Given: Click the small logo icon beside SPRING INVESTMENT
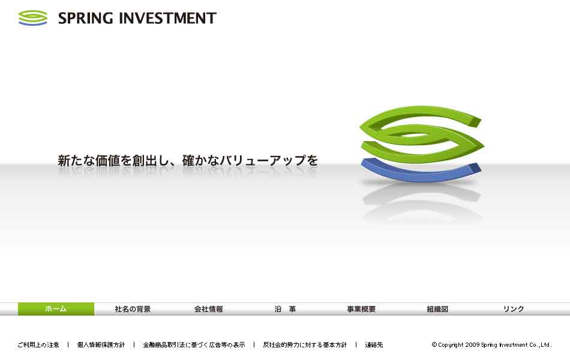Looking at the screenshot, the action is coord(33,18).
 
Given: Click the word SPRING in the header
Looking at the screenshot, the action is coord(85,18).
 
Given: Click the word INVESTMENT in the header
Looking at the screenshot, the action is coord(168,18).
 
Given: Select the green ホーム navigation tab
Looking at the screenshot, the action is coord(56,309).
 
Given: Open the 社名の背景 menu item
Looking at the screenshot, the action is coord(133,309).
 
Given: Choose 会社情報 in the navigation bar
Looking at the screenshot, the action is coord(209,309).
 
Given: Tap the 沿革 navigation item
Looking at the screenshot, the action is coord(286,309).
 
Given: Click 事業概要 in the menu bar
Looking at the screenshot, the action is coord(361,309).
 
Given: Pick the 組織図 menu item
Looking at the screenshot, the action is coord(437,309).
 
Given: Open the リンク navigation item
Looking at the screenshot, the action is coord(514,309).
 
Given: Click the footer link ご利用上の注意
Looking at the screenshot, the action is coord(38,345).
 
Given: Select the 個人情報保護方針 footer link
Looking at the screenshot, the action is coord(101,345).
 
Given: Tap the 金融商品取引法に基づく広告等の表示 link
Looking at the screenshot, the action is coord(194,345).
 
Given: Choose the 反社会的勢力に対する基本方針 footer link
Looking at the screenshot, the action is coord(305,345).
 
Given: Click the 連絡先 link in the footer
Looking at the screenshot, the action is coord(374,345).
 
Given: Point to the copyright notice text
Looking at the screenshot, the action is coord(491,345).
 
